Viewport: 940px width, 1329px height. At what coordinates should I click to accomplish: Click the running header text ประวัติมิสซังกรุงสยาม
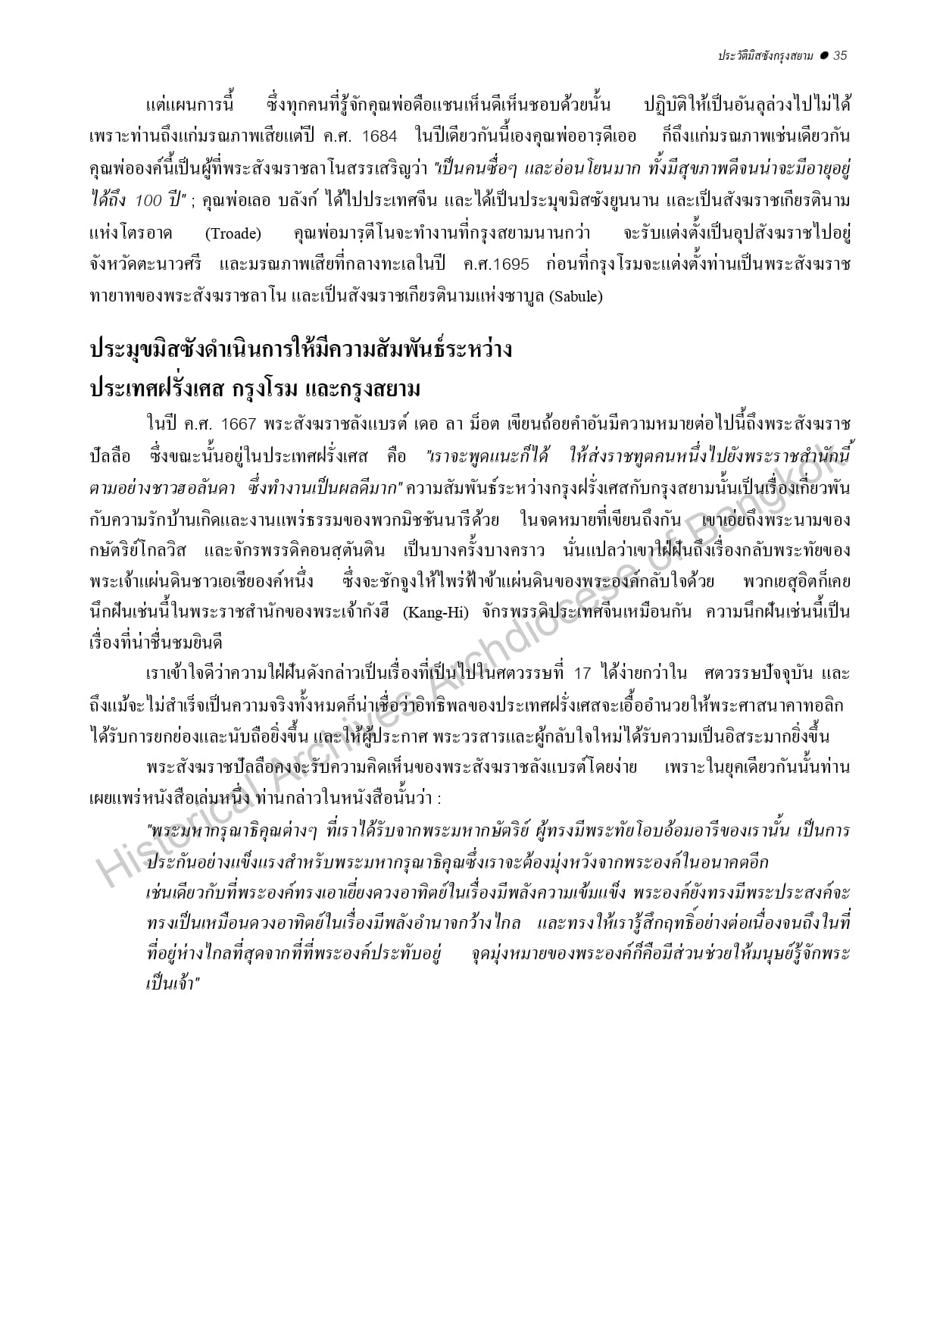tap(766, 55)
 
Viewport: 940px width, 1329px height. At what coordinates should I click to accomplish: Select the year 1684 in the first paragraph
tap(379, 136)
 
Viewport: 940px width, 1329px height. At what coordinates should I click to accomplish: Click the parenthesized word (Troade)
tap(233, 233)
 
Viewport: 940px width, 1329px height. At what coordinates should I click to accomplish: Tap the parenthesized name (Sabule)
tap(576, 297)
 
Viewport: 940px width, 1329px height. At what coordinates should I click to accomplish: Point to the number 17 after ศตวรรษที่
tap(582, 674)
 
